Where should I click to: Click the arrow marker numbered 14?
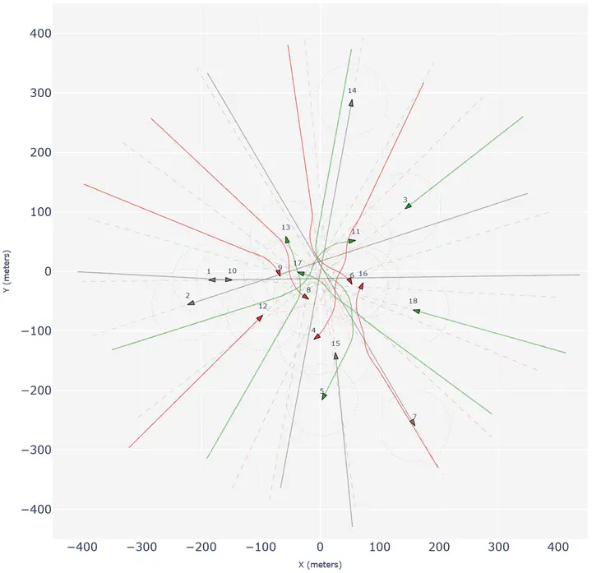coord(351,103)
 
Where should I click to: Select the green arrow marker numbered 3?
coord(408,206)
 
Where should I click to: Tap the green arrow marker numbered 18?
coord(416,311)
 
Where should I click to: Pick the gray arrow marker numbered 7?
coord(413,422)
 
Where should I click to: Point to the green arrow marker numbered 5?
coord(324,396)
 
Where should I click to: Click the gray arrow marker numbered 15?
coord(335,355)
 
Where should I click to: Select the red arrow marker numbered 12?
coord(260,317)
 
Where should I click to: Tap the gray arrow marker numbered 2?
coord(191,303)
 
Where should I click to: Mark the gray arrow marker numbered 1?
coord(211,280)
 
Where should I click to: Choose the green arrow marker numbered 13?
coord(287,239)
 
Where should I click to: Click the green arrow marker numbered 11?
coord(352,241)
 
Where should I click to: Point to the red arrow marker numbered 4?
coord(317,336)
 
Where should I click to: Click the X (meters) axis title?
coord(320,565)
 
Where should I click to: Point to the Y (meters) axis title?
coord(7,271)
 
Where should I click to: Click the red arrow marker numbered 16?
coord(360,286)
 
